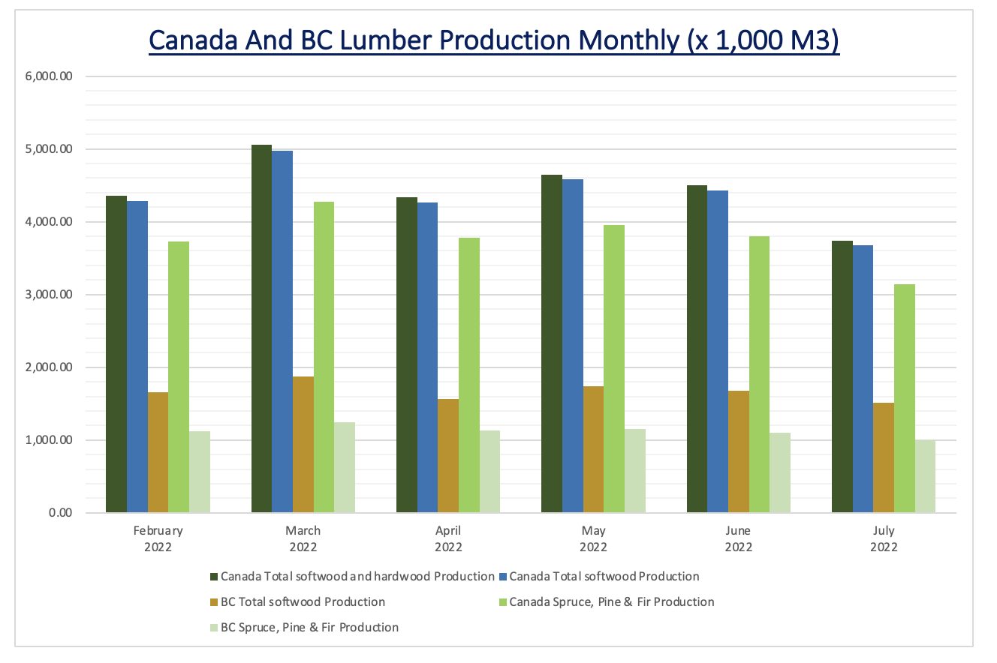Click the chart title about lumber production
(x=494, y=40)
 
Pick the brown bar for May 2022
(x=593, y=449)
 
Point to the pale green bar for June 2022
(x=780, y=472)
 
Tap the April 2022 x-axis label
(x=448, y=538)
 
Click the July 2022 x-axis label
(x=884, y=538)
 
